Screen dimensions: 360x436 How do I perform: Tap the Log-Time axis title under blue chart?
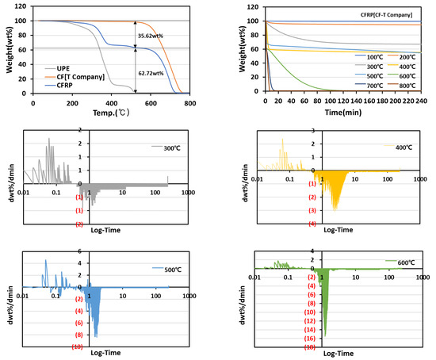click(109, 354)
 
